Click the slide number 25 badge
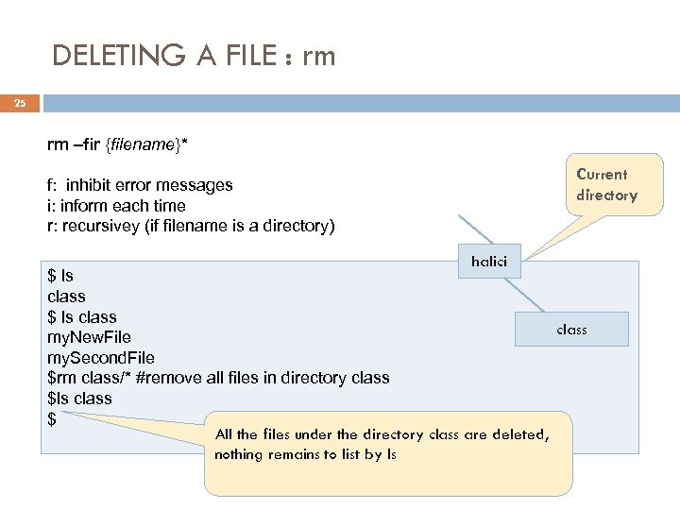[x=20, y=105]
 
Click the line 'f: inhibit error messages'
[x=140, y=185]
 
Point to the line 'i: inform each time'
[x=116, y=206]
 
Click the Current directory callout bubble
[x=606, y=185]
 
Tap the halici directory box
[x=488, y=262]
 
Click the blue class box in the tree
[x=571, y=330]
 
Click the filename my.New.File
[x=89, y=337]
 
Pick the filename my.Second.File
[x=100, y=358]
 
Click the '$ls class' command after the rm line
[x=79, y=399]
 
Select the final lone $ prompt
[x=52, y=419]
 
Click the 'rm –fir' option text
[x=75, y=144]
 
